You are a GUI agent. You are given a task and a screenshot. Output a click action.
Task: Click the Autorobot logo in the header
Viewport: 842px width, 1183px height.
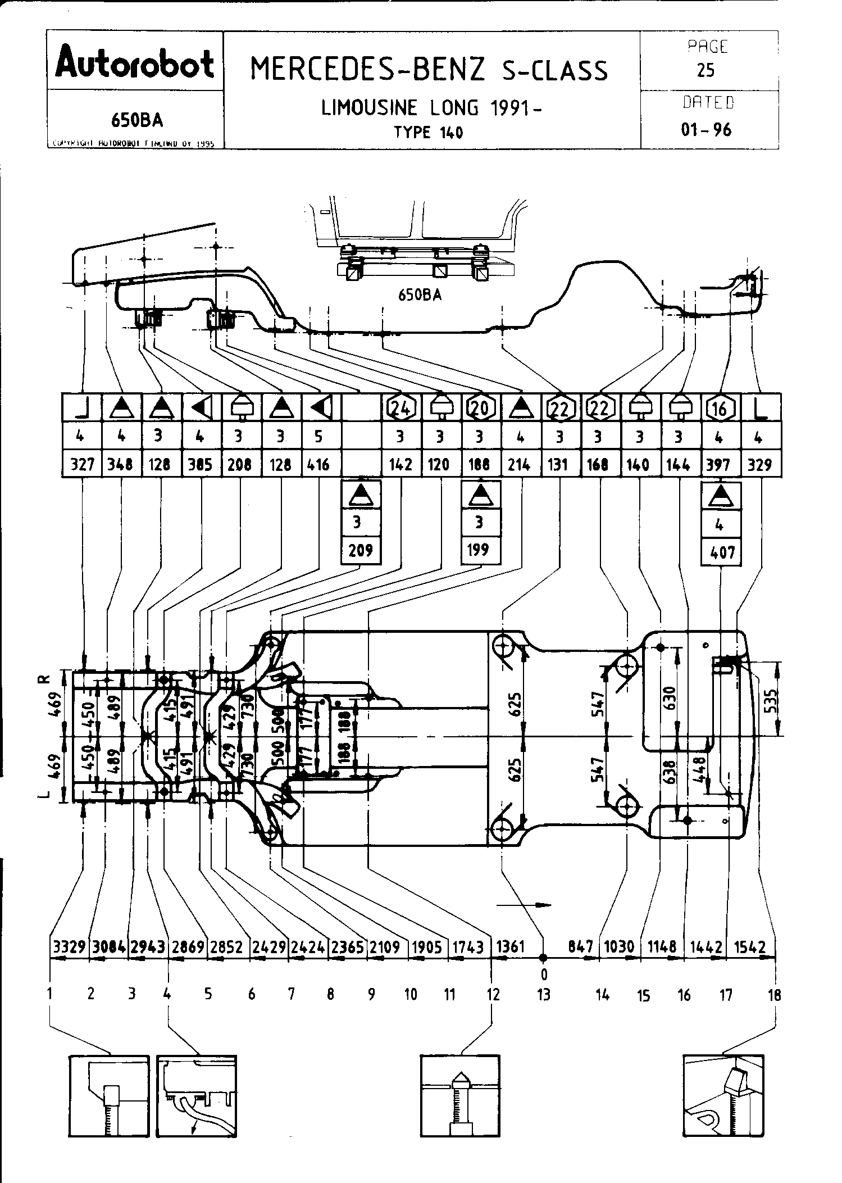(135, 64)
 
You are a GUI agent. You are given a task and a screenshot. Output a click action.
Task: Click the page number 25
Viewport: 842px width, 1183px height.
(706, 70)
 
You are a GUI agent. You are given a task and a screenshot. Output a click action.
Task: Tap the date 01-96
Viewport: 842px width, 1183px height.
(706, 130)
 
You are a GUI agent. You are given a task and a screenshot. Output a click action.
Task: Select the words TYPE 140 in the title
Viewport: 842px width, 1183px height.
(428, 133)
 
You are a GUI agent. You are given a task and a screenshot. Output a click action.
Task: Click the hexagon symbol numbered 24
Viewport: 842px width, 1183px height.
(400, 409)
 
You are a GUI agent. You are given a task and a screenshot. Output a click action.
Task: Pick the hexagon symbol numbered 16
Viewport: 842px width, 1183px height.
(719, 409)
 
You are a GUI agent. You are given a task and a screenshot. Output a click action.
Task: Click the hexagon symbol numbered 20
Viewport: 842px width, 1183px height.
(479, 409)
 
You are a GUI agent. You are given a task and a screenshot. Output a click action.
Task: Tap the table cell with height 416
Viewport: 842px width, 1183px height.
(320, 465)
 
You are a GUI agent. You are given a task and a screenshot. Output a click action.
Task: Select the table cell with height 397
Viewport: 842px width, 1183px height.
(719, 465)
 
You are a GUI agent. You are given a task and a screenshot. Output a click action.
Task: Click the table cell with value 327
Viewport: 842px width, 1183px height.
(82, 465)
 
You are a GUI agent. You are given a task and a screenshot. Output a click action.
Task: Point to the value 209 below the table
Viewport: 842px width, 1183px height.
(361, 550)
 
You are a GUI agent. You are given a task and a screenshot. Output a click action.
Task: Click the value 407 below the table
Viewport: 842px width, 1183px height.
(722, 552)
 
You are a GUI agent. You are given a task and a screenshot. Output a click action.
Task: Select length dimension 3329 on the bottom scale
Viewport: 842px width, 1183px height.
(69, 947)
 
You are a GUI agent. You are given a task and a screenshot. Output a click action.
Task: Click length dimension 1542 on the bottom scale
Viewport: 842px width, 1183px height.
(750, 947)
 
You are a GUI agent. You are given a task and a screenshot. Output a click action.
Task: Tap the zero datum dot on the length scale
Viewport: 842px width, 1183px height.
(543, 957)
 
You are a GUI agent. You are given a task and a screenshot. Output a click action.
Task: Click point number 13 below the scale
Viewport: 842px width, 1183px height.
(543, 995)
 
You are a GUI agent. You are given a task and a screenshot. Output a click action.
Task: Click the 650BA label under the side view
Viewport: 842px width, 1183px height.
(420, 296)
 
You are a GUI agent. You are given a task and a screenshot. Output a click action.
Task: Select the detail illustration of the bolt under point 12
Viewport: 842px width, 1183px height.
(460, 1095)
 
